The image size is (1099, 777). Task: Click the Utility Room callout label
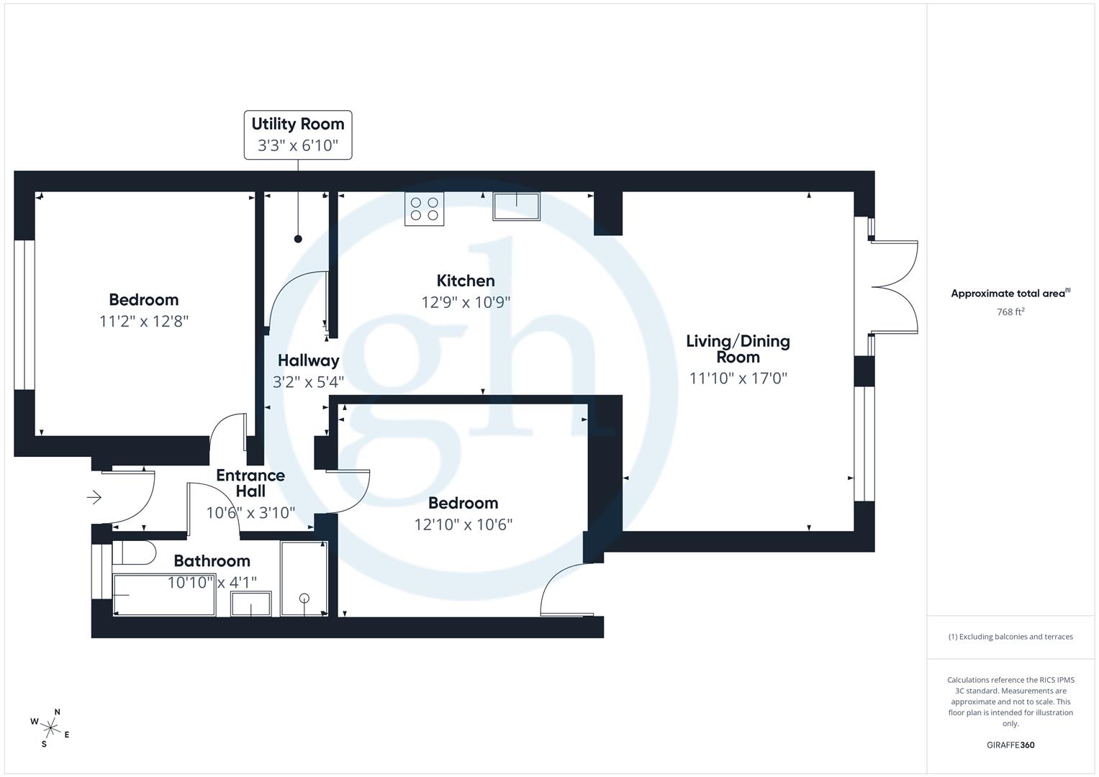(x=298, y=135)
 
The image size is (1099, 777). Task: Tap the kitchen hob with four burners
(x=424, y=209)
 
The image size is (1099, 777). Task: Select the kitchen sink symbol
(x=516, y=206)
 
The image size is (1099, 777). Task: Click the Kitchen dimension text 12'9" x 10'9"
(x=466, y=302)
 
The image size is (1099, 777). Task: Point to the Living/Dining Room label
(x=738, y=349)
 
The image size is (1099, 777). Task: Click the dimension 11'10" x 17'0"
(x=738, y=378)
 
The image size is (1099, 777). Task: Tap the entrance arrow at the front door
(x=94, y=497)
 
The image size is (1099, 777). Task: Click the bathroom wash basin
(x=250, y=604)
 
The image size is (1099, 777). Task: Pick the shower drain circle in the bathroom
(x=304, y=598)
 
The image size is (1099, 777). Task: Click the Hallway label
(x=308, y=360)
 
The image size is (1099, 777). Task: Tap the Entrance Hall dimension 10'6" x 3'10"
(x=250, y=513)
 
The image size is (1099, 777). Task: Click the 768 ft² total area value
(x=1010, y=312)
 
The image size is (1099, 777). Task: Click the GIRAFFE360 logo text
(x=1010, y=745)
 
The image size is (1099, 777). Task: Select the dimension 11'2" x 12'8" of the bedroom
(x=144, y=321)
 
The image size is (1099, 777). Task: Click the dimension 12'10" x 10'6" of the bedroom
(x=463, y=524)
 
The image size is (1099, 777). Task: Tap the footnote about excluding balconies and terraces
(x=1010, y=637)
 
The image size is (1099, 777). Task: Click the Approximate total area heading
(x=1010, y=294)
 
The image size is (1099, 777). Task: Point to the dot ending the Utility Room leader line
(x=298, y=239)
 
